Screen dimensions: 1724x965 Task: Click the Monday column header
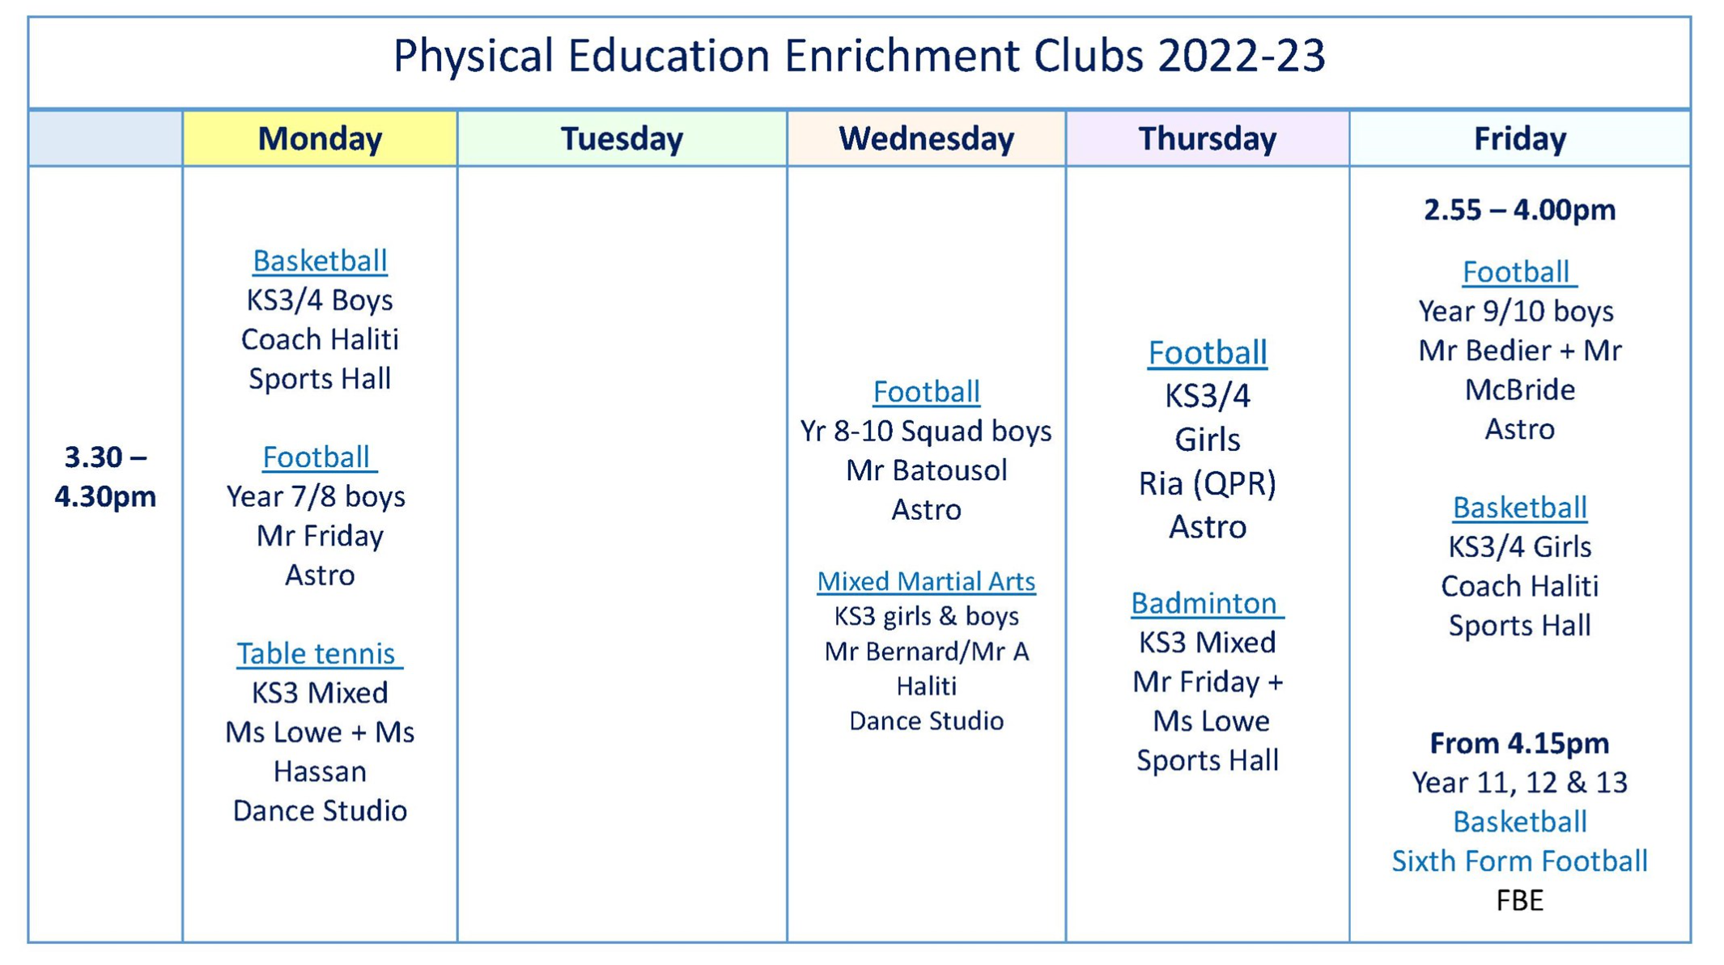pos(320,138)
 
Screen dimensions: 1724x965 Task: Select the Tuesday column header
pos(622,138)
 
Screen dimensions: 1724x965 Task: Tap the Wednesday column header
pos(926,138)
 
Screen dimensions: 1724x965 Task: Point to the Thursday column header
pos(1207,138)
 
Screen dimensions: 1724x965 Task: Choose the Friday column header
pos(1519,138)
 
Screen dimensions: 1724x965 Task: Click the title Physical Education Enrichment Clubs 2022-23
pos(859,55)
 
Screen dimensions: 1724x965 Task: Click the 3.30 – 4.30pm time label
pos(105,476)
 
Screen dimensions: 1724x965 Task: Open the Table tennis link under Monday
pos(319,653)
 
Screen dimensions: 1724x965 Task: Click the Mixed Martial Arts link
pos(926,581)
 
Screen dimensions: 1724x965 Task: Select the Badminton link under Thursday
pos(1207,603)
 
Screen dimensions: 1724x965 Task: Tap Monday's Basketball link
pos(320,261)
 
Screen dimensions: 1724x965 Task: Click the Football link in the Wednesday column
pos(926,392)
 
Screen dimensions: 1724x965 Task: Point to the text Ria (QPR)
pos(1207,484)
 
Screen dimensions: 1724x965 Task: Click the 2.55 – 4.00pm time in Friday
pos(1519,210)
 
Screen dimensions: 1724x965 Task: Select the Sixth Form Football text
pos(1519,861)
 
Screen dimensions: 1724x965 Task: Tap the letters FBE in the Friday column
pos(1519,900)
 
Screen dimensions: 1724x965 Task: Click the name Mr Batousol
pos(926,470)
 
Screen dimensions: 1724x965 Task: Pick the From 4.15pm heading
pos(1519,743)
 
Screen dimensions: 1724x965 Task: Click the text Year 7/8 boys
pos(316,496)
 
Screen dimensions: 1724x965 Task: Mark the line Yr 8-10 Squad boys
pos(926,431)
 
